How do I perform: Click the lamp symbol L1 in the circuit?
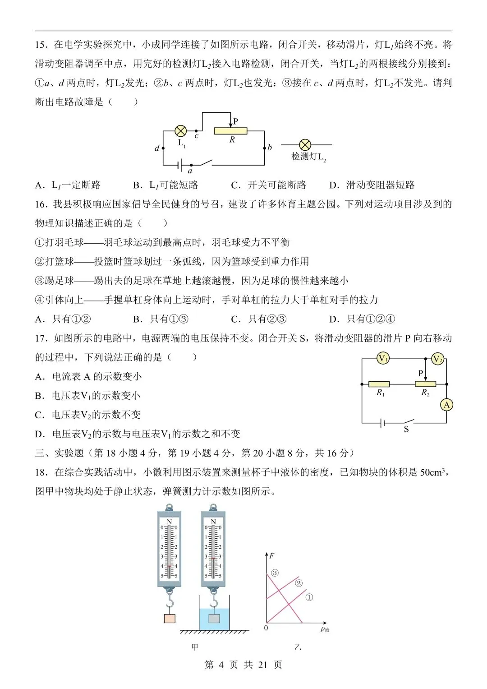coord(180,131)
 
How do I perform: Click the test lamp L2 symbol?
coord(305,145)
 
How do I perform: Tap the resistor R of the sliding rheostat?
coord(230,131)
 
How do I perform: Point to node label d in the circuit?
coord(157,148)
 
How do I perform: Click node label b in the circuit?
coord(270,147)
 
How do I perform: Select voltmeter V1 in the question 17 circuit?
coord(383,359)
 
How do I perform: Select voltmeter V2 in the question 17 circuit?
coord(437,359)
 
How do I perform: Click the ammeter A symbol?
coord(446,405)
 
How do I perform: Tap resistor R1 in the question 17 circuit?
coord(379,384)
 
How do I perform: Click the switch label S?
coord(406,429)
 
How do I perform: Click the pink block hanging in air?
coord(170,618)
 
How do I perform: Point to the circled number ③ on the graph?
coord(275,573)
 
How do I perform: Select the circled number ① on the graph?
coord(309,597)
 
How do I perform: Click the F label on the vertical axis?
coord(272,555)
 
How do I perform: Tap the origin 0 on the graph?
coord(266,628)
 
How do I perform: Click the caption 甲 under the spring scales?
coord(195,647)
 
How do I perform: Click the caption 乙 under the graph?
coord(298,647)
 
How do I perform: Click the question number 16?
coord(41,204)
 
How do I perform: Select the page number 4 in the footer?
coord(221,665)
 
